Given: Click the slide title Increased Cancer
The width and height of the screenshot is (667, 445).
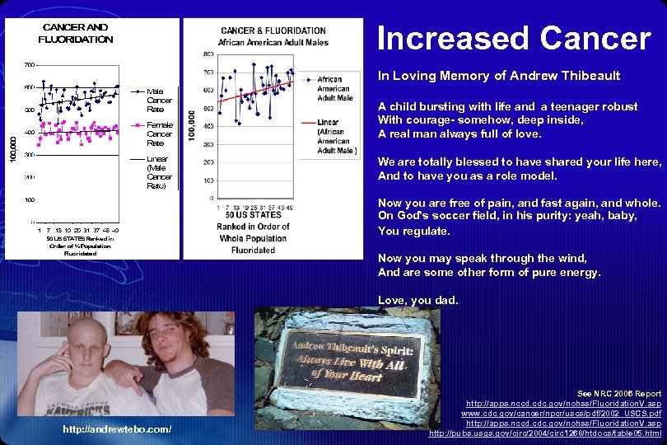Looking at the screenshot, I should [513, 38].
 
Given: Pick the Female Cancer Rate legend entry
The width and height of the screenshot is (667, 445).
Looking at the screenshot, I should [160, 133].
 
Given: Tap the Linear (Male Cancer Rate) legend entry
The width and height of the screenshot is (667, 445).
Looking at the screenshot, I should [160, 171].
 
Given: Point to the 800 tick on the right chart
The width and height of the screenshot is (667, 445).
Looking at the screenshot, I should [208, 54].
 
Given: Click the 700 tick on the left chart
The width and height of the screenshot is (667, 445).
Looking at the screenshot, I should [29, 64].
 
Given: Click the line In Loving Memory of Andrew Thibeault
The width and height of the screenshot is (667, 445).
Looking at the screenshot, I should [499, 76].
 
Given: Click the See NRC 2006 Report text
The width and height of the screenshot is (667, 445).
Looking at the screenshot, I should [619, 394].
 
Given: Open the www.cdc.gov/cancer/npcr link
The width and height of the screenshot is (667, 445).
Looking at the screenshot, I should [561, 414].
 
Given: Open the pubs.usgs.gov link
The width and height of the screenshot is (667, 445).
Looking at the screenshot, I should [545, 433].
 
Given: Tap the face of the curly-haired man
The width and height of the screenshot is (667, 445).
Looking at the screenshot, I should [164, 340].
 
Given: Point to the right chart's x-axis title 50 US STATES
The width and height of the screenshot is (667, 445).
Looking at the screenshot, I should [252, 214].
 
